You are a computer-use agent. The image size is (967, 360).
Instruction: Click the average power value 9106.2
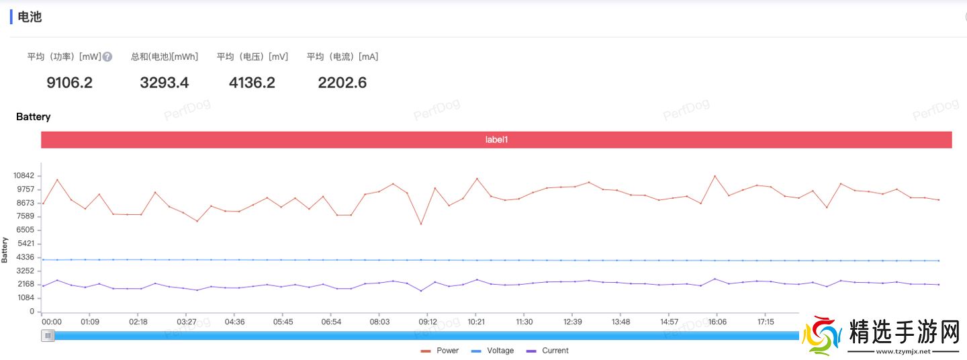69,83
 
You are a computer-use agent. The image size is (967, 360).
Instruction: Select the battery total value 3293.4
165,83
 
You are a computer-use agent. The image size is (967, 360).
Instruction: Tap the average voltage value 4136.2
252,83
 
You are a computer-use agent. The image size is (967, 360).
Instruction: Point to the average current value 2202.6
342,83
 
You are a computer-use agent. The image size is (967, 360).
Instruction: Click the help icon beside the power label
107,57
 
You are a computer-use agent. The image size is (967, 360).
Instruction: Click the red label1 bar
496,140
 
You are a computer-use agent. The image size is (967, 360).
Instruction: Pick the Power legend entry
441,351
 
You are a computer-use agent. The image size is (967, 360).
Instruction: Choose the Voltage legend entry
493,351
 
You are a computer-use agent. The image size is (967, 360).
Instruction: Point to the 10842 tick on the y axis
25,175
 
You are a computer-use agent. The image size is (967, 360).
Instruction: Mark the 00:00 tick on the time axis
52,322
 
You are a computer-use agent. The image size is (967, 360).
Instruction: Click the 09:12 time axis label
428,322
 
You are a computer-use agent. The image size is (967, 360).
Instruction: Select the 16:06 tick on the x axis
717,322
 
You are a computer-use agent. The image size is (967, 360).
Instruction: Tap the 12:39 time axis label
572,322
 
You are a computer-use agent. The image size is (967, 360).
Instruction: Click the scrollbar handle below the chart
48,335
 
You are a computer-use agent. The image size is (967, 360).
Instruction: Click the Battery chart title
33,117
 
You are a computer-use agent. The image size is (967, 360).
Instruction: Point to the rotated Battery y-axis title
5,250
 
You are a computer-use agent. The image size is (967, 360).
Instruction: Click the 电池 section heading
30,17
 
